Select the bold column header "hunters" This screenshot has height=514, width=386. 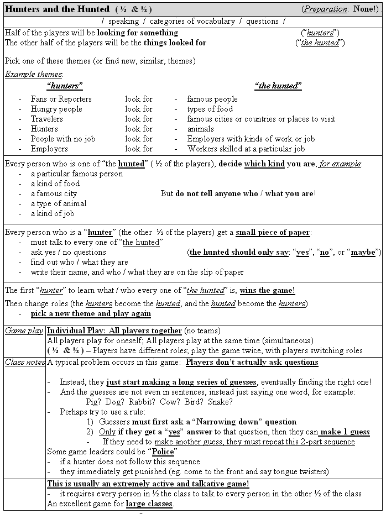(65, 86)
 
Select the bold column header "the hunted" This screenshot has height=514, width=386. (278, 86)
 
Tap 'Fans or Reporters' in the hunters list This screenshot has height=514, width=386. (61, 99)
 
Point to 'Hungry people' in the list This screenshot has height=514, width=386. (56, 109)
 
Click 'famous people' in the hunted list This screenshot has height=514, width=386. (212, 99)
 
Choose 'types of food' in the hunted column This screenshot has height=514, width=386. (210, 109)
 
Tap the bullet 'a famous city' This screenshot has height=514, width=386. (54, 193)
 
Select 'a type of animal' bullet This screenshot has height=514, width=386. (58, 203)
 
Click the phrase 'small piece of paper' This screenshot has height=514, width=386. (273, 233)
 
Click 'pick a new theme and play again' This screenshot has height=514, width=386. (91, 313)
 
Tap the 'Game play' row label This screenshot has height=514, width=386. (24, 331)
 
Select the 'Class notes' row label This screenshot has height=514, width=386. (25, 363)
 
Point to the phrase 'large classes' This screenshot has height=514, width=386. (149, 503)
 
